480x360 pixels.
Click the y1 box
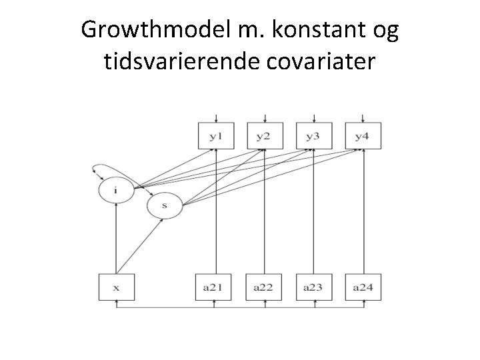click(x=215, y=136)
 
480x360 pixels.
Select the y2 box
click(x=265, y=136)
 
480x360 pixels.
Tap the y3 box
click(x=313, y=136)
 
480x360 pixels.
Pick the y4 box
click(x=363, y=136)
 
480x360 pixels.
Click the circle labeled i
click(x=116, y=190)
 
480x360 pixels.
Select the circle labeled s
click(x=163, y=207)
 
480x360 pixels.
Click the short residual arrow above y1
click(x=215, y=116)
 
